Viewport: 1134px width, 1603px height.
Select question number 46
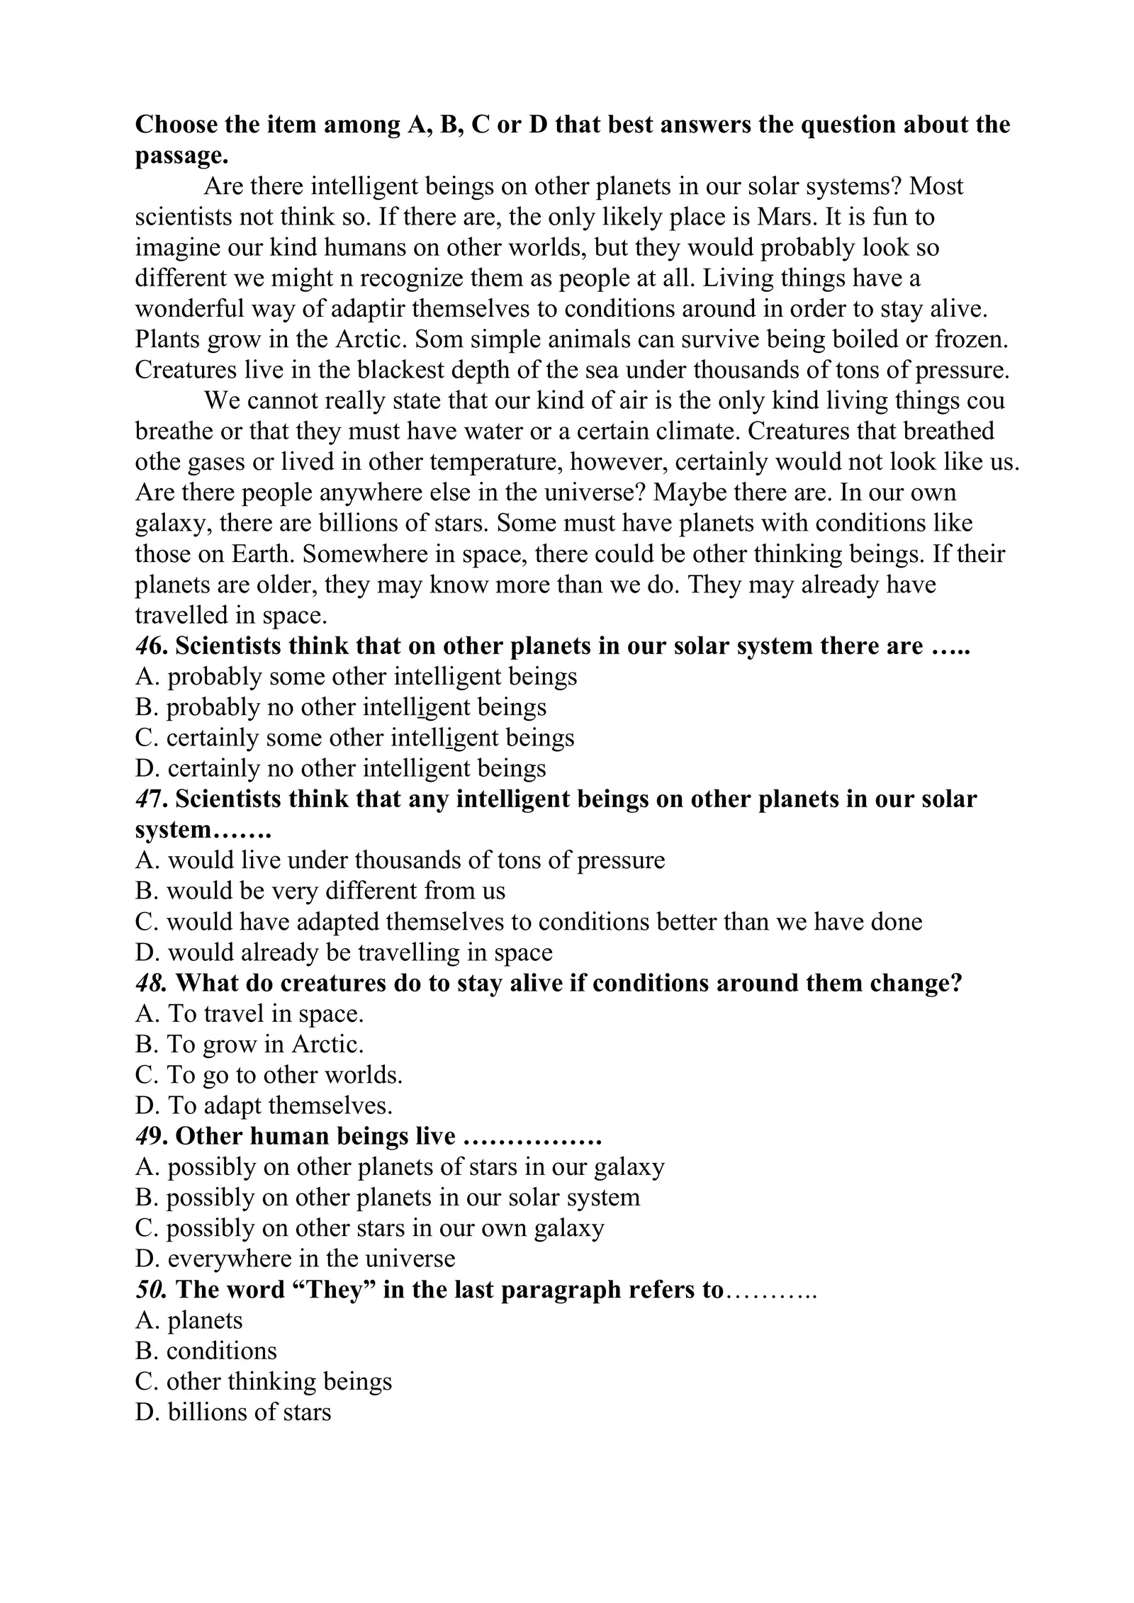tap(150, 646)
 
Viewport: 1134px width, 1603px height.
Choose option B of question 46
tap(341, 707)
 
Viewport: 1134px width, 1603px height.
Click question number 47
tap(150, 799)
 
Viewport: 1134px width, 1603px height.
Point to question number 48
tap(151, 983)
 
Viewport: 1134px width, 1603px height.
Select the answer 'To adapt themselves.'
tap(264, 1106)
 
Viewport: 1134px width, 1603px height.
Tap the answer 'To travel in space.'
tap(249, 1013)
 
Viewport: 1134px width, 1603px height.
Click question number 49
tap(150, 1136)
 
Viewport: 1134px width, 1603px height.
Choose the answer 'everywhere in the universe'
tap(295, 1259)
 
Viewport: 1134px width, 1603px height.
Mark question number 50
tap(151, 1289)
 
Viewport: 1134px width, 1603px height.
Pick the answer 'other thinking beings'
tap(264, 1381)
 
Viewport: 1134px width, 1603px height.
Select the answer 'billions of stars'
tap(233, 1412)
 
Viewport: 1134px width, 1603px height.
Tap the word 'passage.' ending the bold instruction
tap(181, 156)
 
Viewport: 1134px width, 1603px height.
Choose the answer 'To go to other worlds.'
tap(269, 1075)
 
